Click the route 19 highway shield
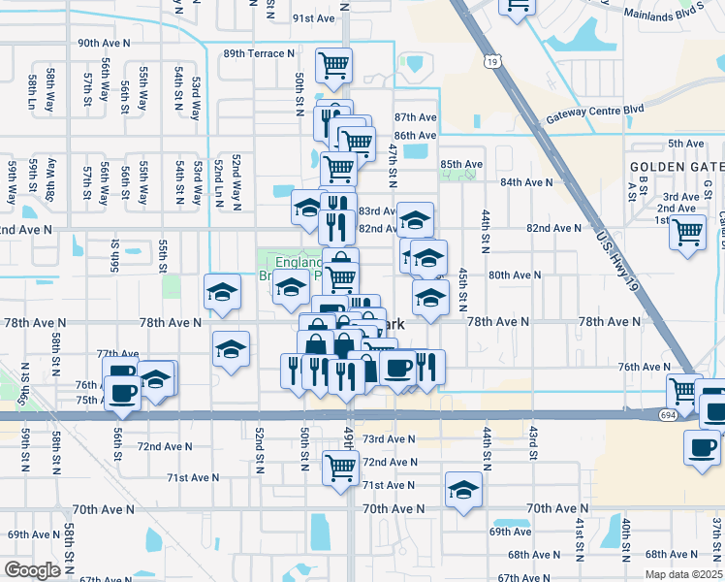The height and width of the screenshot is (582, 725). pyautogui.click(x=494, y=62)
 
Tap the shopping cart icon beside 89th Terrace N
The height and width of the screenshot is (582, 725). pyautogui.click(x=334, y=65)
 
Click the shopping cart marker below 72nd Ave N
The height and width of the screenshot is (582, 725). pyautogui.click(x=340, y=468)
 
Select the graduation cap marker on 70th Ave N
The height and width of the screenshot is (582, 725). pyautogui.click(x=464, y=489)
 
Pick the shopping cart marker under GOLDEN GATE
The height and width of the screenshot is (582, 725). pyautogui.click(x=687, y=233)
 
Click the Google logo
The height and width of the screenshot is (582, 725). pyautogui.click(x=32, y=570)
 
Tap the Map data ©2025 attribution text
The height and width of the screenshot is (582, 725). pyautogui.click(x=684, y=574)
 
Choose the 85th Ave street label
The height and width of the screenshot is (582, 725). pyautogui.click(x=461, y=164)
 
